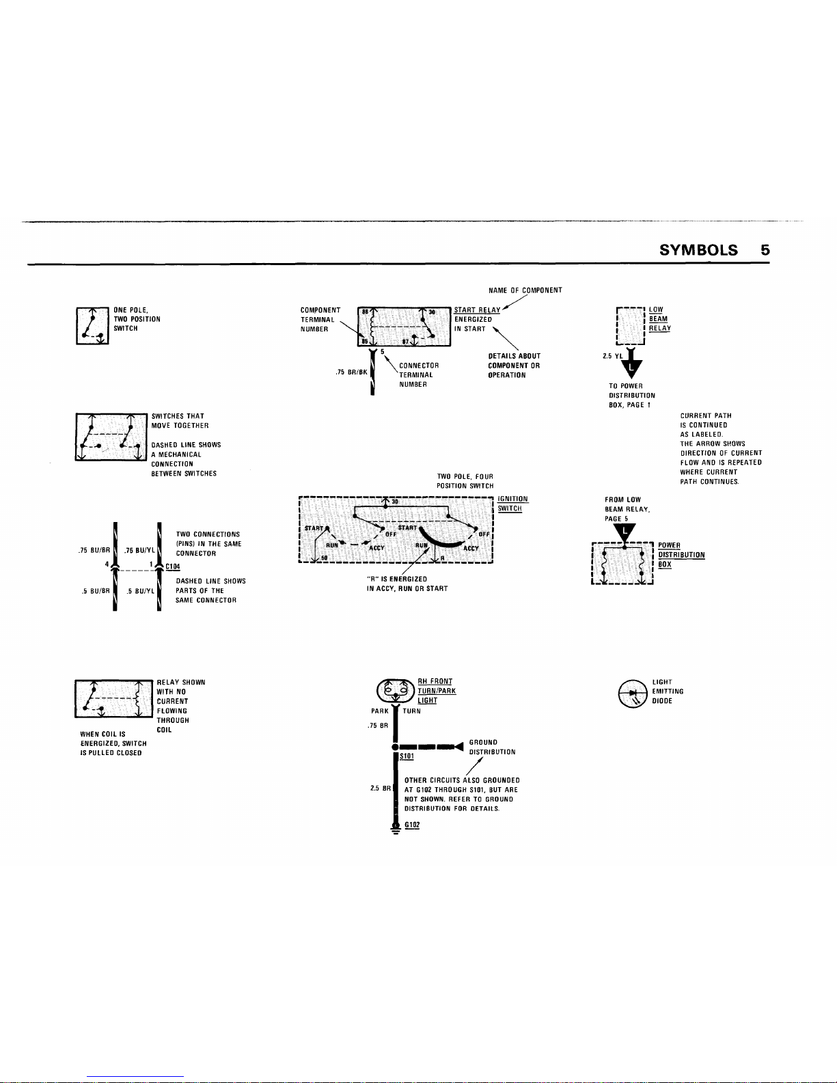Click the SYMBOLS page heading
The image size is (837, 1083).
tap(698, 250)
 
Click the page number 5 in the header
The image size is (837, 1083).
tap(765, 250)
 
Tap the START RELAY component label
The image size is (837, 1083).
tap(477, 310)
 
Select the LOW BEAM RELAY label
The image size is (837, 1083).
tap(659, 319)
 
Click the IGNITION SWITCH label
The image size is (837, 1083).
tap(512, 504)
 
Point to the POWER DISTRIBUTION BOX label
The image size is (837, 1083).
tap(681, 555)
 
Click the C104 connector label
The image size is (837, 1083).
tap(172, 566)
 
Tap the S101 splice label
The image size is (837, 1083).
tap(407, 756)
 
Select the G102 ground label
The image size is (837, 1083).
tap(412, 825)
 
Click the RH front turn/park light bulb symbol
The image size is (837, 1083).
tap(395, 690)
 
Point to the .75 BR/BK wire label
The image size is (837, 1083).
tap(351, 372)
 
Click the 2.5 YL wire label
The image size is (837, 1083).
tap(613, 356)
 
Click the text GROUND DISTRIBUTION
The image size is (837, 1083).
tap(492, 747)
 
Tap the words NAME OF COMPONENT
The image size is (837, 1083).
tap(525, 290)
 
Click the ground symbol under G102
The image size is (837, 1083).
tap(395, 829)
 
